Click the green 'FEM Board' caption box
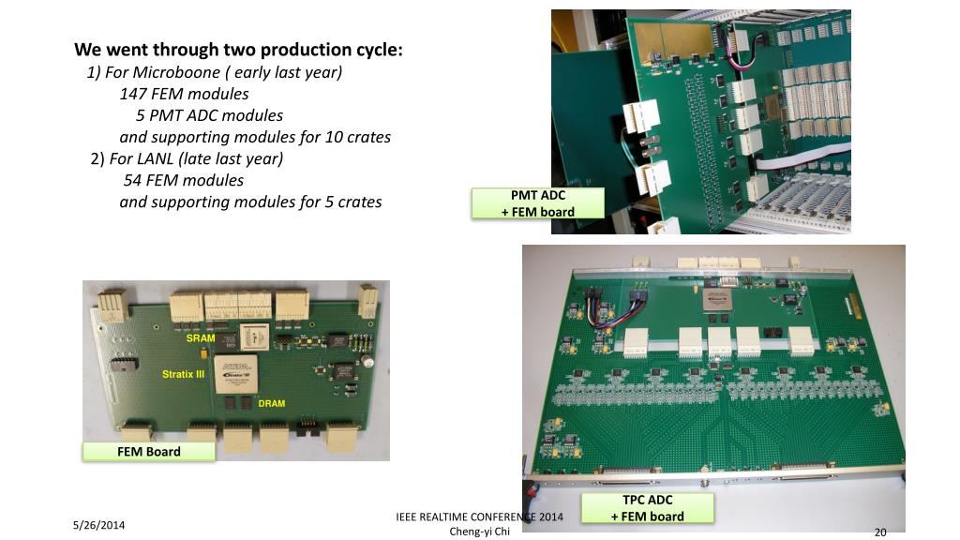149,452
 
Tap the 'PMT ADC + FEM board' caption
537,203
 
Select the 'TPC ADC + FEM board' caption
648,508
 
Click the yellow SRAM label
201,337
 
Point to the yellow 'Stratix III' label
183,374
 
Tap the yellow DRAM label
272,403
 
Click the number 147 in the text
133,94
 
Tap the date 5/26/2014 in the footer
98,525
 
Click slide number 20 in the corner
880,532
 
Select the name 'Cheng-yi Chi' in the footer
480,531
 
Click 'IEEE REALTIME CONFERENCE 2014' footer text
479,517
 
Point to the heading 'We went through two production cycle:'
239,50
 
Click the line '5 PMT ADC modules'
209,115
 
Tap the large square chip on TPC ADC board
718,300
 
